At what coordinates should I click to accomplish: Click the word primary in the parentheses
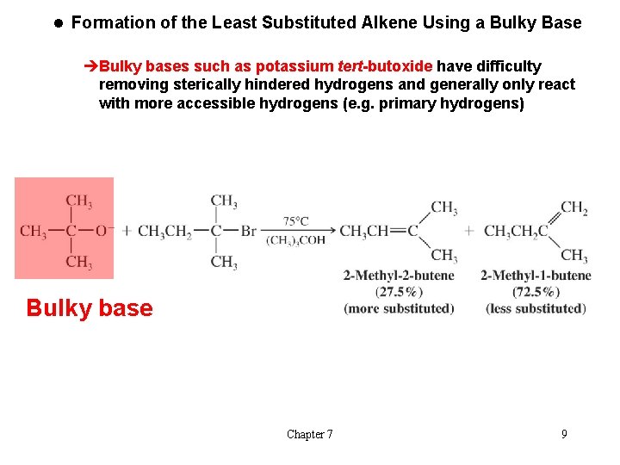point(407,104)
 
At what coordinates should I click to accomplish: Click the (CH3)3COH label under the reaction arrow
point(295,240)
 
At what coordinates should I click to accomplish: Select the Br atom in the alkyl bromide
point(248,231)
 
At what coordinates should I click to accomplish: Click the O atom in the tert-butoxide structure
point(100,231)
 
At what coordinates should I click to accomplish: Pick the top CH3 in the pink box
point(78,201)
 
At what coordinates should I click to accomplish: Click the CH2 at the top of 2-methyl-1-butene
point(574,208)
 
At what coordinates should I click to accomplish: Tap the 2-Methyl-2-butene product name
point(399,276)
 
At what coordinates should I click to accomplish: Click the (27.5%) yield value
point(399,292)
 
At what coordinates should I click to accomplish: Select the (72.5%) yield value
point(536,292)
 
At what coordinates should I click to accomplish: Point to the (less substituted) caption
point(536,308)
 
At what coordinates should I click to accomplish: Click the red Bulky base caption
point(90,308)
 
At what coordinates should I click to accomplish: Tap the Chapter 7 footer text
point(310,434)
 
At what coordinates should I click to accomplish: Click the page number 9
point(564,434)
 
